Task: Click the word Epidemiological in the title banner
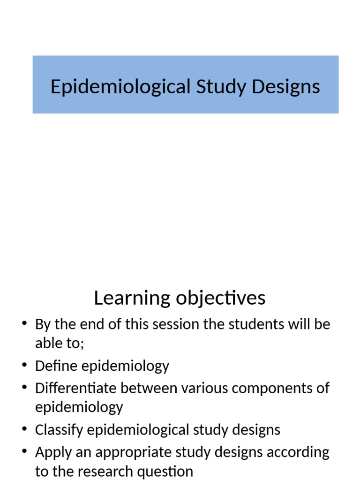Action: coord(120,87)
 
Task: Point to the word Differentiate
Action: coord(76,388)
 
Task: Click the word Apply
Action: coord(52,452)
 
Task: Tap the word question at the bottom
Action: coord(169,471)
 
